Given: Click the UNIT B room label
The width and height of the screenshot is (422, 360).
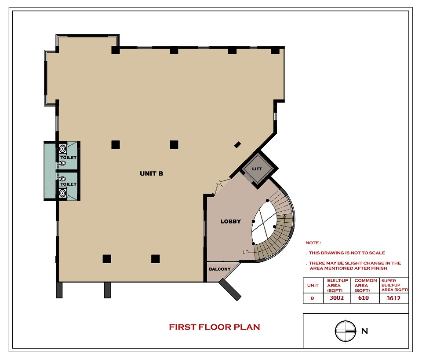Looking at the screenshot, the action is (x=152, y=173).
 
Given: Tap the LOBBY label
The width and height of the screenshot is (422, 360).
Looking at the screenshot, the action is (x=231, y=221).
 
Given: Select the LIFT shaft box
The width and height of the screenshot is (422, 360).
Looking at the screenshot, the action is (x=257, y=169).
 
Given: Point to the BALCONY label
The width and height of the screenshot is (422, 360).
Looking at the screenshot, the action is (x=220, y=269).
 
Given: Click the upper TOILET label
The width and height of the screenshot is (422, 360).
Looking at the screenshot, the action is (x=69, y=158).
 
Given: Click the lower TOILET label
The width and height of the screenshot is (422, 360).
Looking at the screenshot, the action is (x=69, y=184).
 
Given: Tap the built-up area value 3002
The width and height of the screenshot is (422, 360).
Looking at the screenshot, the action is (x=337, y=298).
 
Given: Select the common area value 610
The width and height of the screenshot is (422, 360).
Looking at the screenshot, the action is (x=364, y=298).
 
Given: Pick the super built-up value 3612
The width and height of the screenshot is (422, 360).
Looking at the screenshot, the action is (x=393, y=298).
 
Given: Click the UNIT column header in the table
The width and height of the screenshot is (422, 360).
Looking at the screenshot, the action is (x=313, y=285).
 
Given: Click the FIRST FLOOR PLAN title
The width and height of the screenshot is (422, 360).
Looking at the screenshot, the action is (x=215, y=327).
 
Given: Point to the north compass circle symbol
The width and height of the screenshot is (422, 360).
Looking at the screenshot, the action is (x=346, y=331).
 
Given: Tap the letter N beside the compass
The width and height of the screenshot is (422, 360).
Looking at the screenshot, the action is (x=365, y=331).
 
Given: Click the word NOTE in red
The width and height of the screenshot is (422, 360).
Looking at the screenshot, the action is (x=312, y=243).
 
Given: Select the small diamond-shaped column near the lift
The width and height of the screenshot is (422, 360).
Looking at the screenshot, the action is (x=237, y=145).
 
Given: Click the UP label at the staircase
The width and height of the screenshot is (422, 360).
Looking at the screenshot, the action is (x=245, y=252).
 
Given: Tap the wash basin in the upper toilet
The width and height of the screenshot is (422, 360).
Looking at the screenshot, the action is (x=63, y=148).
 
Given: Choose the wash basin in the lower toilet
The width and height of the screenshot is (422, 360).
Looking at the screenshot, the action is (x=63, y=193).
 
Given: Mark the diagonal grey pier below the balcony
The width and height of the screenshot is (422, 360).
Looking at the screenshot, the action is (x=230, y=290).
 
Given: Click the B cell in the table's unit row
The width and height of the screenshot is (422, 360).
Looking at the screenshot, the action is (x=312, y=298).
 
